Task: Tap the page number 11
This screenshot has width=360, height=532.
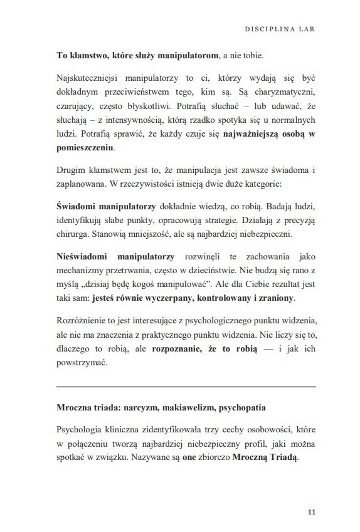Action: coord(312,512)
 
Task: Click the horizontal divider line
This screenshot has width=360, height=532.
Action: coord(186,387)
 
